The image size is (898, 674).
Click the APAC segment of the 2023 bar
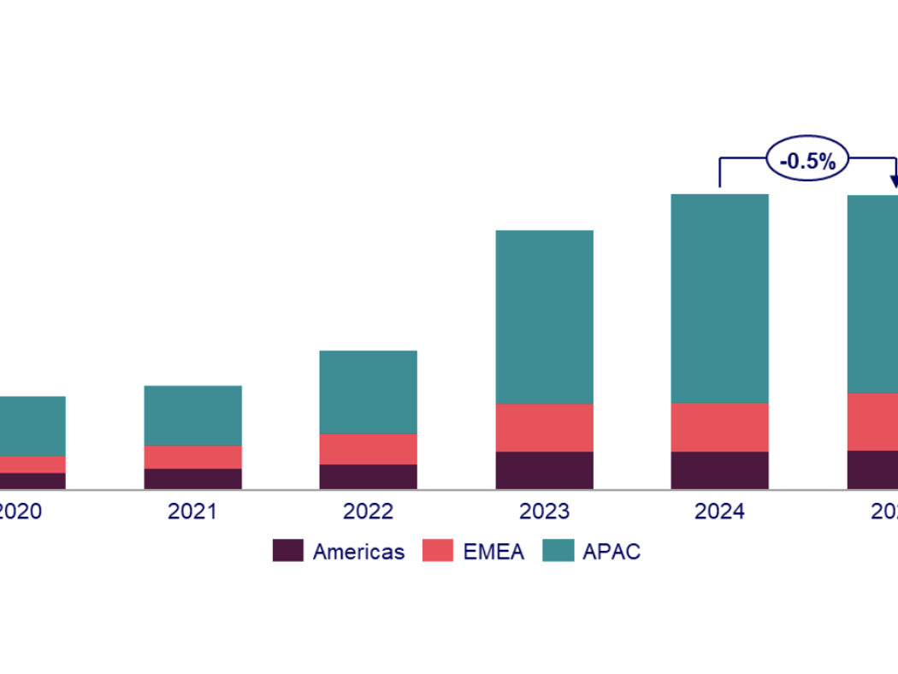coord(545,316)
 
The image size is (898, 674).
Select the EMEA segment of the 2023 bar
coord(545,428)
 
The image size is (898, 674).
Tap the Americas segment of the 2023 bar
coord(545,470)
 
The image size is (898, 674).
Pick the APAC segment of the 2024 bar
coord(720,299)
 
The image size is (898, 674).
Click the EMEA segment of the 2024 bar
coord(720,427)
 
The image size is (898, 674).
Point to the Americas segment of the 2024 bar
coord(720,470)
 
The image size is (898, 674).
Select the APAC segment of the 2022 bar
coord(369,392)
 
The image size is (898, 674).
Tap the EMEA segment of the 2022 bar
coord(369,449)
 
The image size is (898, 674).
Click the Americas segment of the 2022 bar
coord(369,476)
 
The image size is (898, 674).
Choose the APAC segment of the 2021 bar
coord(192,415)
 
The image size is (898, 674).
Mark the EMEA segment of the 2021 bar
coord(192,457)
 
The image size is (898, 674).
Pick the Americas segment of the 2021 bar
coord(192,478)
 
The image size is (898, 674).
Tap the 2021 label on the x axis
coord(192,511)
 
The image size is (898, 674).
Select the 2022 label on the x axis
coord(369,511)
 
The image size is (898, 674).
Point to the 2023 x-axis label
coord(545,511)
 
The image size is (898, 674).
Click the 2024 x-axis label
coord(720,511)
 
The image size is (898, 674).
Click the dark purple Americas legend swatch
coord(288,551)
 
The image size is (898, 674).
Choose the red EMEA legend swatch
coord(438,551)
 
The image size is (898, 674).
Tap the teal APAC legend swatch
coord(558,551)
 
